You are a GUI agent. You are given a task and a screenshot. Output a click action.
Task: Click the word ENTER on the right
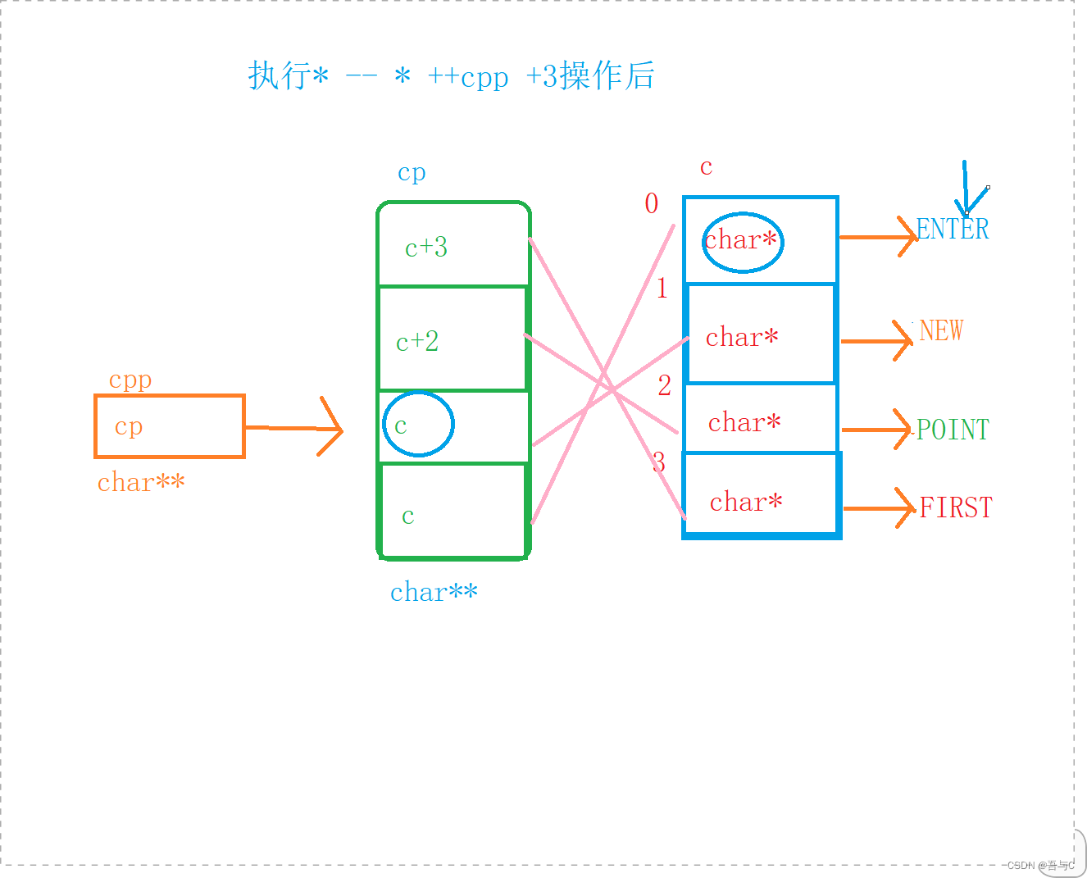click(x=952, y=229)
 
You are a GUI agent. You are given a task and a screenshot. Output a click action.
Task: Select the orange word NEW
click(x=940, y=330)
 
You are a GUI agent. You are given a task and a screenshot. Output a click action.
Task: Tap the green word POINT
click(x=953, y=430)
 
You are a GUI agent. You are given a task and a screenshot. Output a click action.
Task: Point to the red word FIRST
click(x=956, y=507)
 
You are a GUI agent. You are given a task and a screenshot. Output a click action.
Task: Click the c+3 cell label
click(x=426, y=248)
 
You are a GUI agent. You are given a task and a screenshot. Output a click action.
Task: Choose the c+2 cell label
click(x=417, y=342)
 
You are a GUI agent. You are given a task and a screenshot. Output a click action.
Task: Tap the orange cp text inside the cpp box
click(x=129, y=426)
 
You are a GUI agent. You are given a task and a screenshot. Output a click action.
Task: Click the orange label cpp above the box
click(x=130, y=380)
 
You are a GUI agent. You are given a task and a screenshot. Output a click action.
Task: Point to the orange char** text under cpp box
click(x=141, y=483)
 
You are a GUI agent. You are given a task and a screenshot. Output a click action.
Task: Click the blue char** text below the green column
click(x=434, y=592)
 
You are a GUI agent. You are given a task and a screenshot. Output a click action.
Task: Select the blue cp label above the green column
click(x=412, y=172)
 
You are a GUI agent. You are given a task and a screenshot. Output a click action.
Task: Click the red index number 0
click(x=652, y=203)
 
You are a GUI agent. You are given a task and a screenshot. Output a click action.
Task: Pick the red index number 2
click(x=664, y=385)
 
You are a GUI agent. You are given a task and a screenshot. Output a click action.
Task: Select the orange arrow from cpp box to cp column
click(x=295, y=427)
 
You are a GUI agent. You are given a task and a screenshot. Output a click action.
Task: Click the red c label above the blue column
click(x=706, y=167)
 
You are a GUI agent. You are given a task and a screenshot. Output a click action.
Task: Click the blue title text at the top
click(x=451, y=76)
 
